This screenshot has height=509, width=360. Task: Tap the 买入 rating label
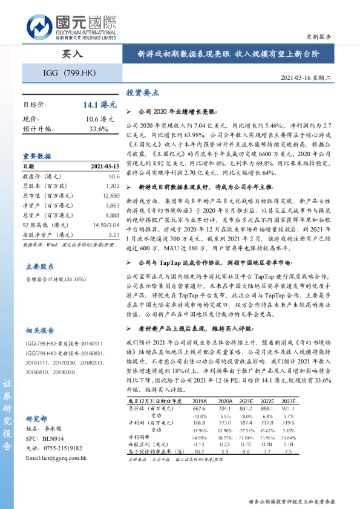[x=72, y=54]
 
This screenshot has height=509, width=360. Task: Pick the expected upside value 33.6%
[x=98, y=129]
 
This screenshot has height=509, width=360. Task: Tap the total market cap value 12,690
[x=111, y=196]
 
